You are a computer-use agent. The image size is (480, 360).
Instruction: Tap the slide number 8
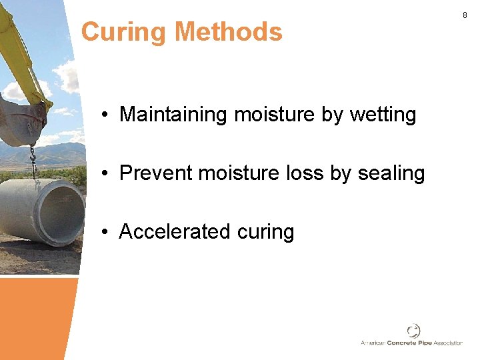pos(465,15)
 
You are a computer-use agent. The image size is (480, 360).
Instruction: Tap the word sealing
pos(391,173)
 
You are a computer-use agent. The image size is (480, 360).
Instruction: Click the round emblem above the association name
pos(414,331)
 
